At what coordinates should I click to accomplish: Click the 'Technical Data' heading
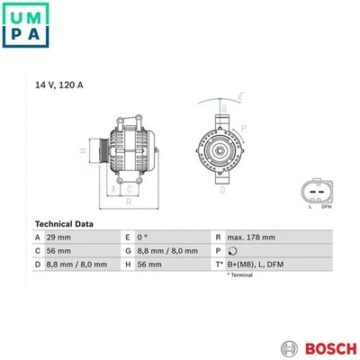click(65, 222)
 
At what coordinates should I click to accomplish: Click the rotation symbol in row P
click(233, 250)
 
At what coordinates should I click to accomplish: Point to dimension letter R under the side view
click(129, 203)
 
